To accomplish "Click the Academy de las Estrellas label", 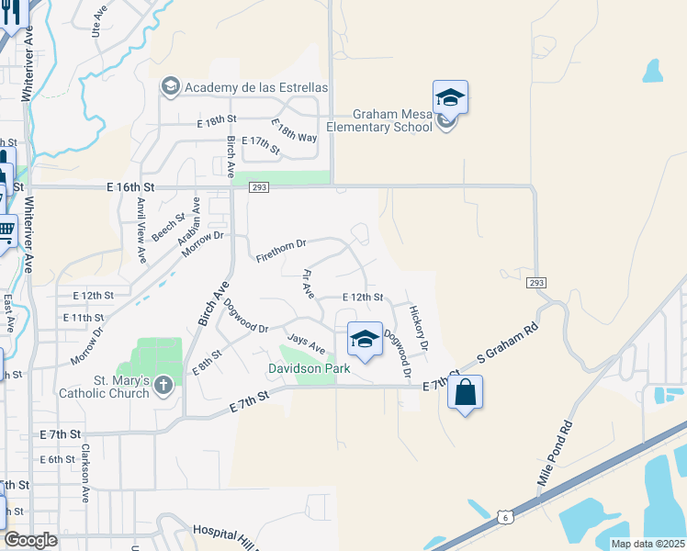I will [256, 86].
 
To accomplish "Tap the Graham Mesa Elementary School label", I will [379, 120].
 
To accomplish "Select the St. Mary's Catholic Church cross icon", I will [163, 385].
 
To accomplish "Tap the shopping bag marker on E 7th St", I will [465, 392].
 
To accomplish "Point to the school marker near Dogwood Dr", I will [365, 340].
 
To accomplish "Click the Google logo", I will [30, 540].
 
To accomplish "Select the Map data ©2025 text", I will [647, 544].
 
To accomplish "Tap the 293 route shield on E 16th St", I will [258, 187].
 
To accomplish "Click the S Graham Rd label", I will [507, 348].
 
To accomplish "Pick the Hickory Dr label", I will [419, 329].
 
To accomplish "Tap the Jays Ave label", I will [306, 344].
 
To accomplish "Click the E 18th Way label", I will [294, 130].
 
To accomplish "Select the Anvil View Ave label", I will [141, 231].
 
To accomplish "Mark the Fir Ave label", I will [309, 284].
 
